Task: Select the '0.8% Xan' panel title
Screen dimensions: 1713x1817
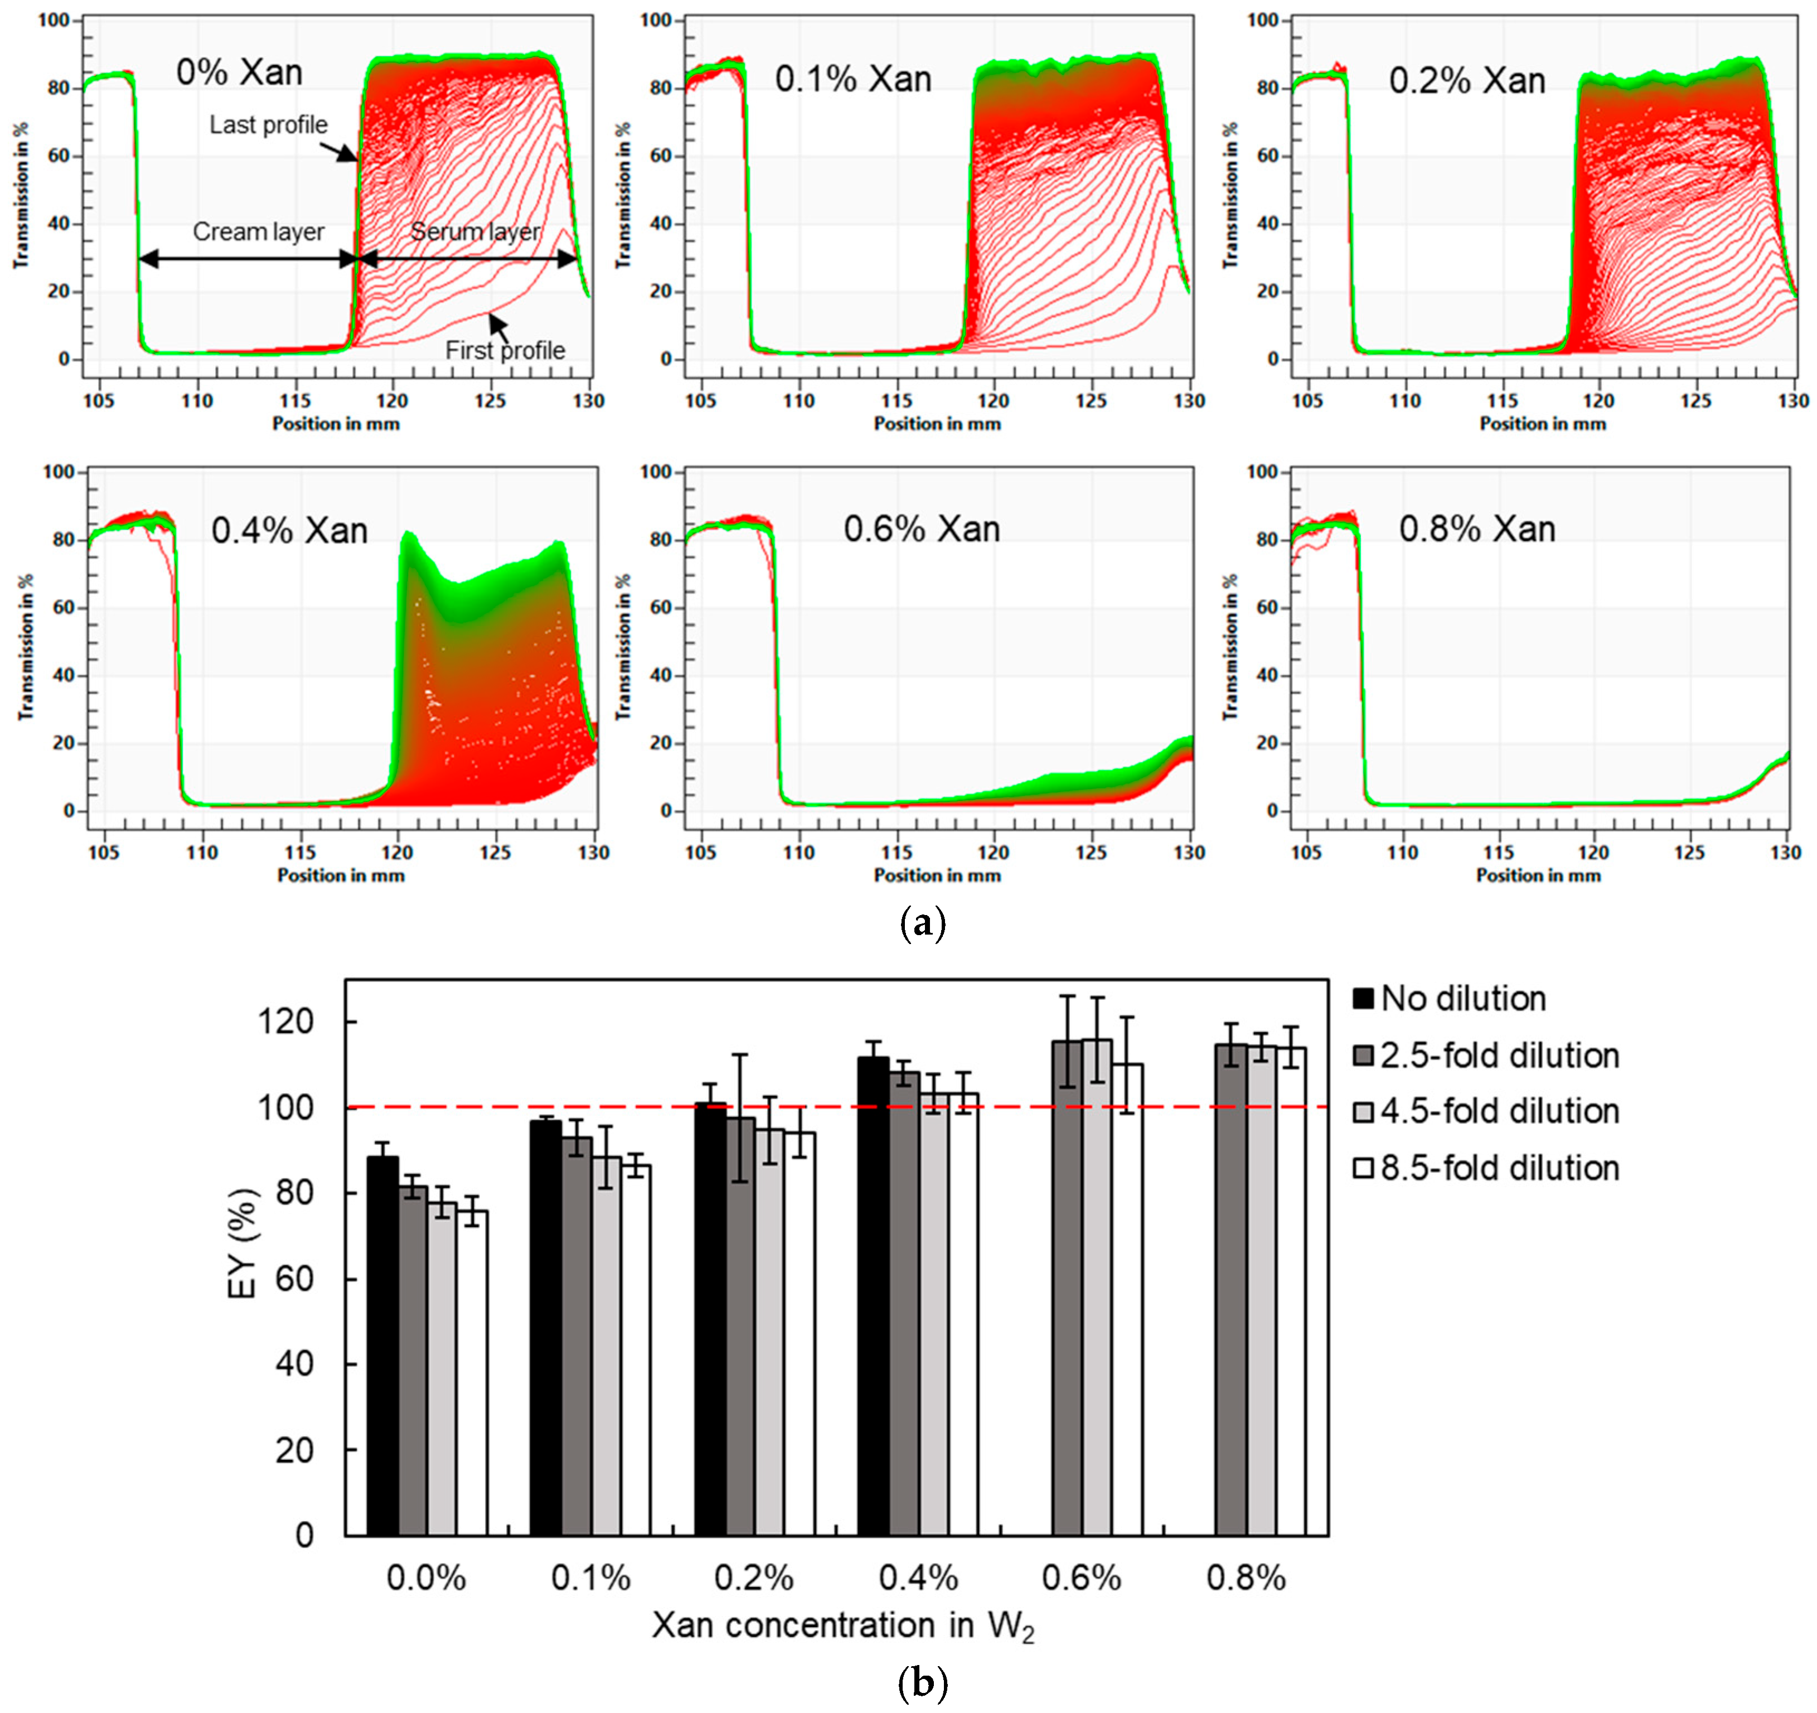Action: tap(1477, 529)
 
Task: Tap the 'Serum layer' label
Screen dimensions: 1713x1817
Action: tap(474, 231)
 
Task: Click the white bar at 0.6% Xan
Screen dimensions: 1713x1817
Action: tap(1127, 1299)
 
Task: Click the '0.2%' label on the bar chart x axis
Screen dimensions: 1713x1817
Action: tap(753, 1579)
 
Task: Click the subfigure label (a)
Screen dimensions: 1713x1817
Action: tap(922, 924)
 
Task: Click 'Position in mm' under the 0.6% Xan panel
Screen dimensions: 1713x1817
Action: tap(937, 875)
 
